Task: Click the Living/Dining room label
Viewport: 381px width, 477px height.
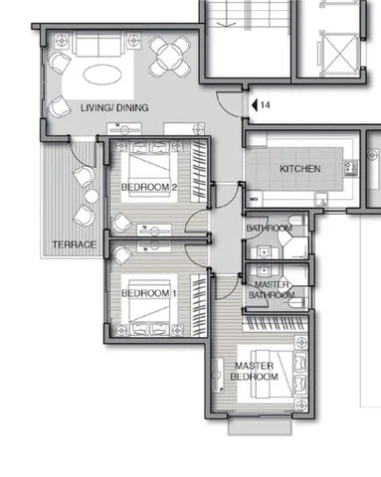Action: [x=114, y=107]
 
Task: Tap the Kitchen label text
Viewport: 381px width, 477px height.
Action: [x=300, y=169]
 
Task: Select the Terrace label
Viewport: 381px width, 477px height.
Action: [x=75, y=244]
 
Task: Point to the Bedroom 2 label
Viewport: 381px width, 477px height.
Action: [x=149, y=187]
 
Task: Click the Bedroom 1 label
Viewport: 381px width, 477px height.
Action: [x=149, y=293]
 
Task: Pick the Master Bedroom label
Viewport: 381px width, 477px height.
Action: [x=255, y=372]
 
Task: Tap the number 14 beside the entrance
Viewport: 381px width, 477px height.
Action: [x=265, y=105]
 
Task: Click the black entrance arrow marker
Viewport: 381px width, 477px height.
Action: [x=255, y=105]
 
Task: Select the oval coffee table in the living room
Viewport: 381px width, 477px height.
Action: [x=100, y=75]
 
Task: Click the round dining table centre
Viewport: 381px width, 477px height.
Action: [x=169, y=56]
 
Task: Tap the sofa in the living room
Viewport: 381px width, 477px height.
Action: [x=98, y=44]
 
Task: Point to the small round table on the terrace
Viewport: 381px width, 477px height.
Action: [x=92, y=196]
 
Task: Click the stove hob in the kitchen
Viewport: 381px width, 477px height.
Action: [x=351, y=168]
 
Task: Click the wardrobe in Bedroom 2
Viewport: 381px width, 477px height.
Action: [x=199, y=171]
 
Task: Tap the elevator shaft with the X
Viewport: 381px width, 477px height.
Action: [x=339, y=55]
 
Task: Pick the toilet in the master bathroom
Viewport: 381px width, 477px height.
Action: [x=295, y=302]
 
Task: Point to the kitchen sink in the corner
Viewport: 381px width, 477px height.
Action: [x=321, y=200]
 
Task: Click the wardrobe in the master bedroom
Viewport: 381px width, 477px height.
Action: [x=276, y=324]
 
